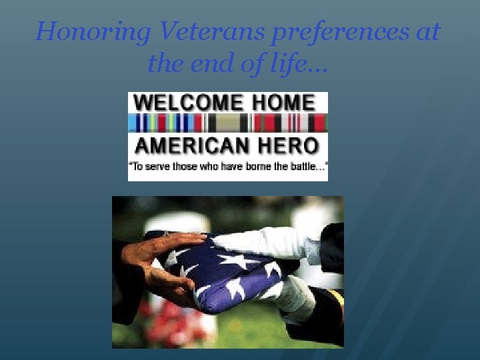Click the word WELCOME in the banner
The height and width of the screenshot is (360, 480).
188,102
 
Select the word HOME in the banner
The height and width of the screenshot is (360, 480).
283,102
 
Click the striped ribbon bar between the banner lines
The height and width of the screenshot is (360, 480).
227,123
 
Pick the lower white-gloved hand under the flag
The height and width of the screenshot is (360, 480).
293,297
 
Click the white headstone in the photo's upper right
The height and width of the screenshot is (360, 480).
313,220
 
